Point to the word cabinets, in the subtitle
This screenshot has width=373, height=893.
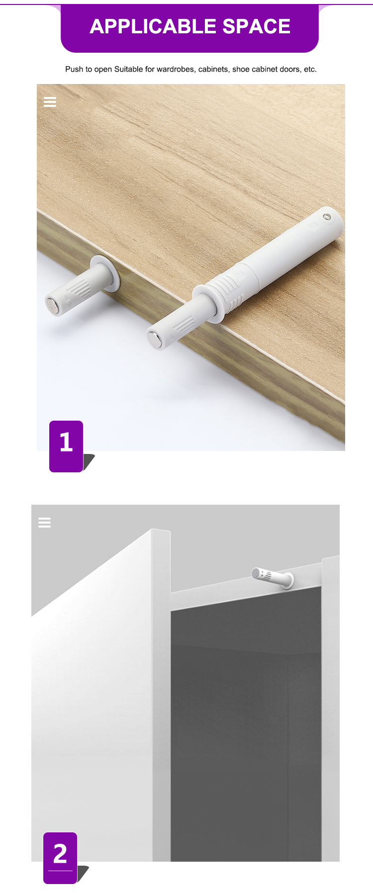coord(214,69)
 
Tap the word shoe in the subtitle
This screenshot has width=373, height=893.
coord(241,69)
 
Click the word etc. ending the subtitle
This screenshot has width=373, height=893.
coord(310,69)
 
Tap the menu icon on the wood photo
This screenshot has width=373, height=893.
coord(50,102)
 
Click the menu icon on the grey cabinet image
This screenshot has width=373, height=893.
coord(44,522)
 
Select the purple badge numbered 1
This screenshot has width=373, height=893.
coord(66,446)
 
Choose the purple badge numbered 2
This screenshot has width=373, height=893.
coord(60,858)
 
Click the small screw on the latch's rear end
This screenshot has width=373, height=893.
coord(327,217)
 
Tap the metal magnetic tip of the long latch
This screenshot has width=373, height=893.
coord(154,339)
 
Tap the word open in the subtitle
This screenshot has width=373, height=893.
coord(103,69)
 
